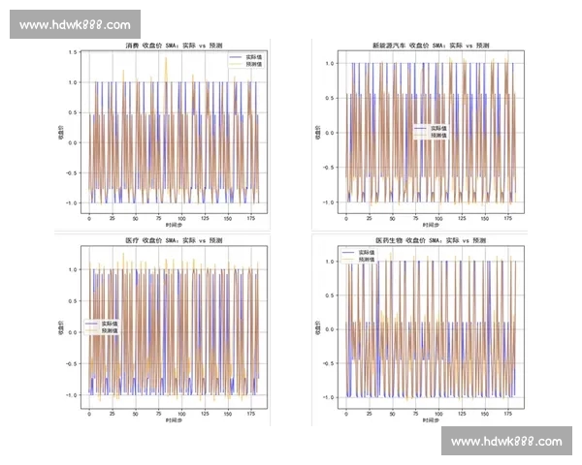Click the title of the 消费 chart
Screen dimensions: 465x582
(173, 46)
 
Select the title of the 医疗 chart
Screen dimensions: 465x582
(174, 239)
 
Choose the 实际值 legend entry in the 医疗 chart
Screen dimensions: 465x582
(108, 324)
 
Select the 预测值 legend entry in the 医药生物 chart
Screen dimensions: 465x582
(368, 260)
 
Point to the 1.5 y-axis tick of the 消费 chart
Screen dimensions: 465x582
(74, 52)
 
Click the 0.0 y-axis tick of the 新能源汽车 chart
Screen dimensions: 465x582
(331, 134)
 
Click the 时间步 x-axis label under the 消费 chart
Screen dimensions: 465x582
(173, 225)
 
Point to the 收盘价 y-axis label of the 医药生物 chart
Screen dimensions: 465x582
(317, 330)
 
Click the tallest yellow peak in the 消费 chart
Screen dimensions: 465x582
(166, 58)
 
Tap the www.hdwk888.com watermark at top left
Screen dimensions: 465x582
(75, 24)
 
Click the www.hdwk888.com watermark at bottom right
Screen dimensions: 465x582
(506, 442)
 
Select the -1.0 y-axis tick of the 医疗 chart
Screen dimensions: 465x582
(74, 395)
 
